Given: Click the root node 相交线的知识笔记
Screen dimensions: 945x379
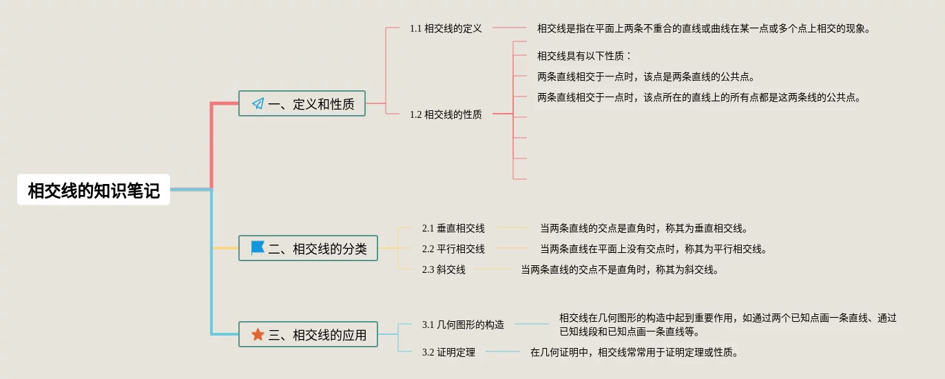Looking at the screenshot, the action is point(94,190).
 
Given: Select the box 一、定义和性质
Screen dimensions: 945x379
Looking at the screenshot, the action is point(302,104).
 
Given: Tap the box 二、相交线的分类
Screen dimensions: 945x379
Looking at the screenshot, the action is point(308,248).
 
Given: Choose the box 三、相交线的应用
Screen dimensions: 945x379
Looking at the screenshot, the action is point(308,335).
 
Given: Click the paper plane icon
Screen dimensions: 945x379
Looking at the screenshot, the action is point(258,104).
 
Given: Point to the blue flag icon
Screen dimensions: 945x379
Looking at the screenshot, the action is point(258,248).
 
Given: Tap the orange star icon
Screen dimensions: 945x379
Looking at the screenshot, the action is point(258,335).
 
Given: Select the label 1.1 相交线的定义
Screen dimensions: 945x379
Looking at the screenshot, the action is point(446,28).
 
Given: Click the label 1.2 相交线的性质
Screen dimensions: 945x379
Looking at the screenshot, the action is point(446,114).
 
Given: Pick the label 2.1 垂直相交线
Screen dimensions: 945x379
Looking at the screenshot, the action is point(453,228).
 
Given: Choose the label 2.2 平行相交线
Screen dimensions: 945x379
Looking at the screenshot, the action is point(453,249).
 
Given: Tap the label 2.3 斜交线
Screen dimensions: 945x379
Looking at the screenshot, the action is point(444,269).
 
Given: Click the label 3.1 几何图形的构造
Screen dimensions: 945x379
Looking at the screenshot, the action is point(463,325).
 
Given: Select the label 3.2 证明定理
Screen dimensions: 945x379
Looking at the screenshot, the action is point(448,352).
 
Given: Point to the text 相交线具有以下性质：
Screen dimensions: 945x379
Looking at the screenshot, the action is point(584,56).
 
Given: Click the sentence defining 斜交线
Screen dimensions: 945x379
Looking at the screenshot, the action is point(620,269).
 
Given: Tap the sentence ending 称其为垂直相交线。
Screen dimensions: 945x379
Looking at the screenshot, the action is point(643,228).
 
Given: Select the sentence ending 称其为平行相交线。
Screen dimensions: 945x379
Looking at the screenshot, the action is point(653,249).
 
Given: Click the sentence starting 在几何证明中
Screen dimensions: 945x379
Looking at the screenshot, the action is point(634,352).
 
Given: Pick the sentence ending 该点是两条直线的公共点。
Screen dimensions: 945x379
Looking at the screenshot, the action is point(651,76).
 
